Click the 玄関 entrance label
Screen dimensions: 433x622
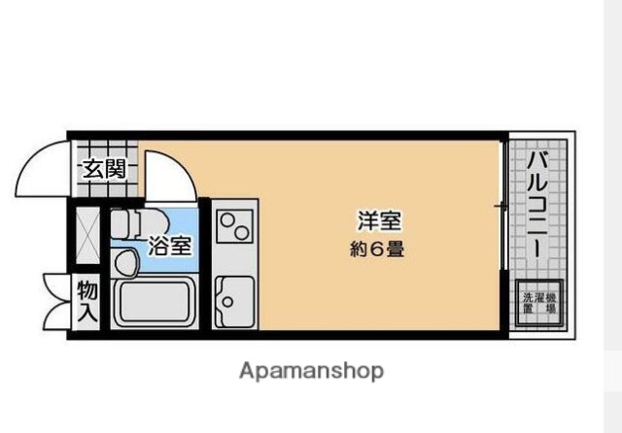coord(102,168)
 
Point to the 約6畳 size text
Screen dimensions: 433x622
coord(377,249)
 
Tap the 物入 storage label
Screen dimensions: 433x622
coord(87,301)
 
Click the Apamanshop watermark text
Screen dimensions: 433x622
coord(310,371)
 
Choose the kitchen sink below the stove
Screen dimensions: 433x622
coord(234,301)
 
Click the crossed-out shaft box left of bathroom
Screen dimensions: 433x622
coord(87,234)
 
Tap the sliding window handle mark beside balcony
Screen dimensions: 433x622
coord(499,206)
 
